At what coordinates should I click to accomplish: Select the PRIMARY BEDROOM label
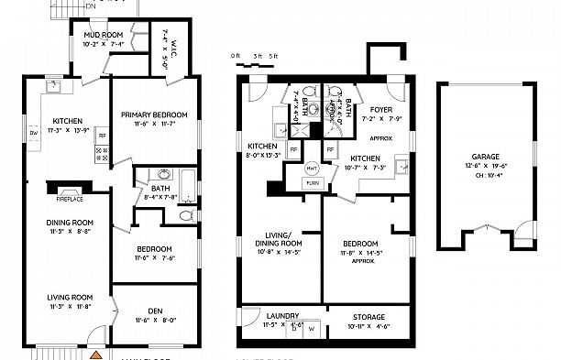point(154,115)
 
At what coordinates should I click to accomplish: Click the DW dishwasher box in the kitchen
point(33,133)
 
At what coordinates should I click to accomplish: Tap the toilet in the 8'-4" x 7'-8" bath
point(186,216)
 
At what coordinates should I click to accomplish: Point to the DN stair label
point(90,5)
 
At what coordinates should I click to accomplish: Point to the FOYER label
point(379,107)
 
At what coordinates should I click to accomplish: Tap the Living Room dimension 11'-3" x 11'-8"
point(71,307)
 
